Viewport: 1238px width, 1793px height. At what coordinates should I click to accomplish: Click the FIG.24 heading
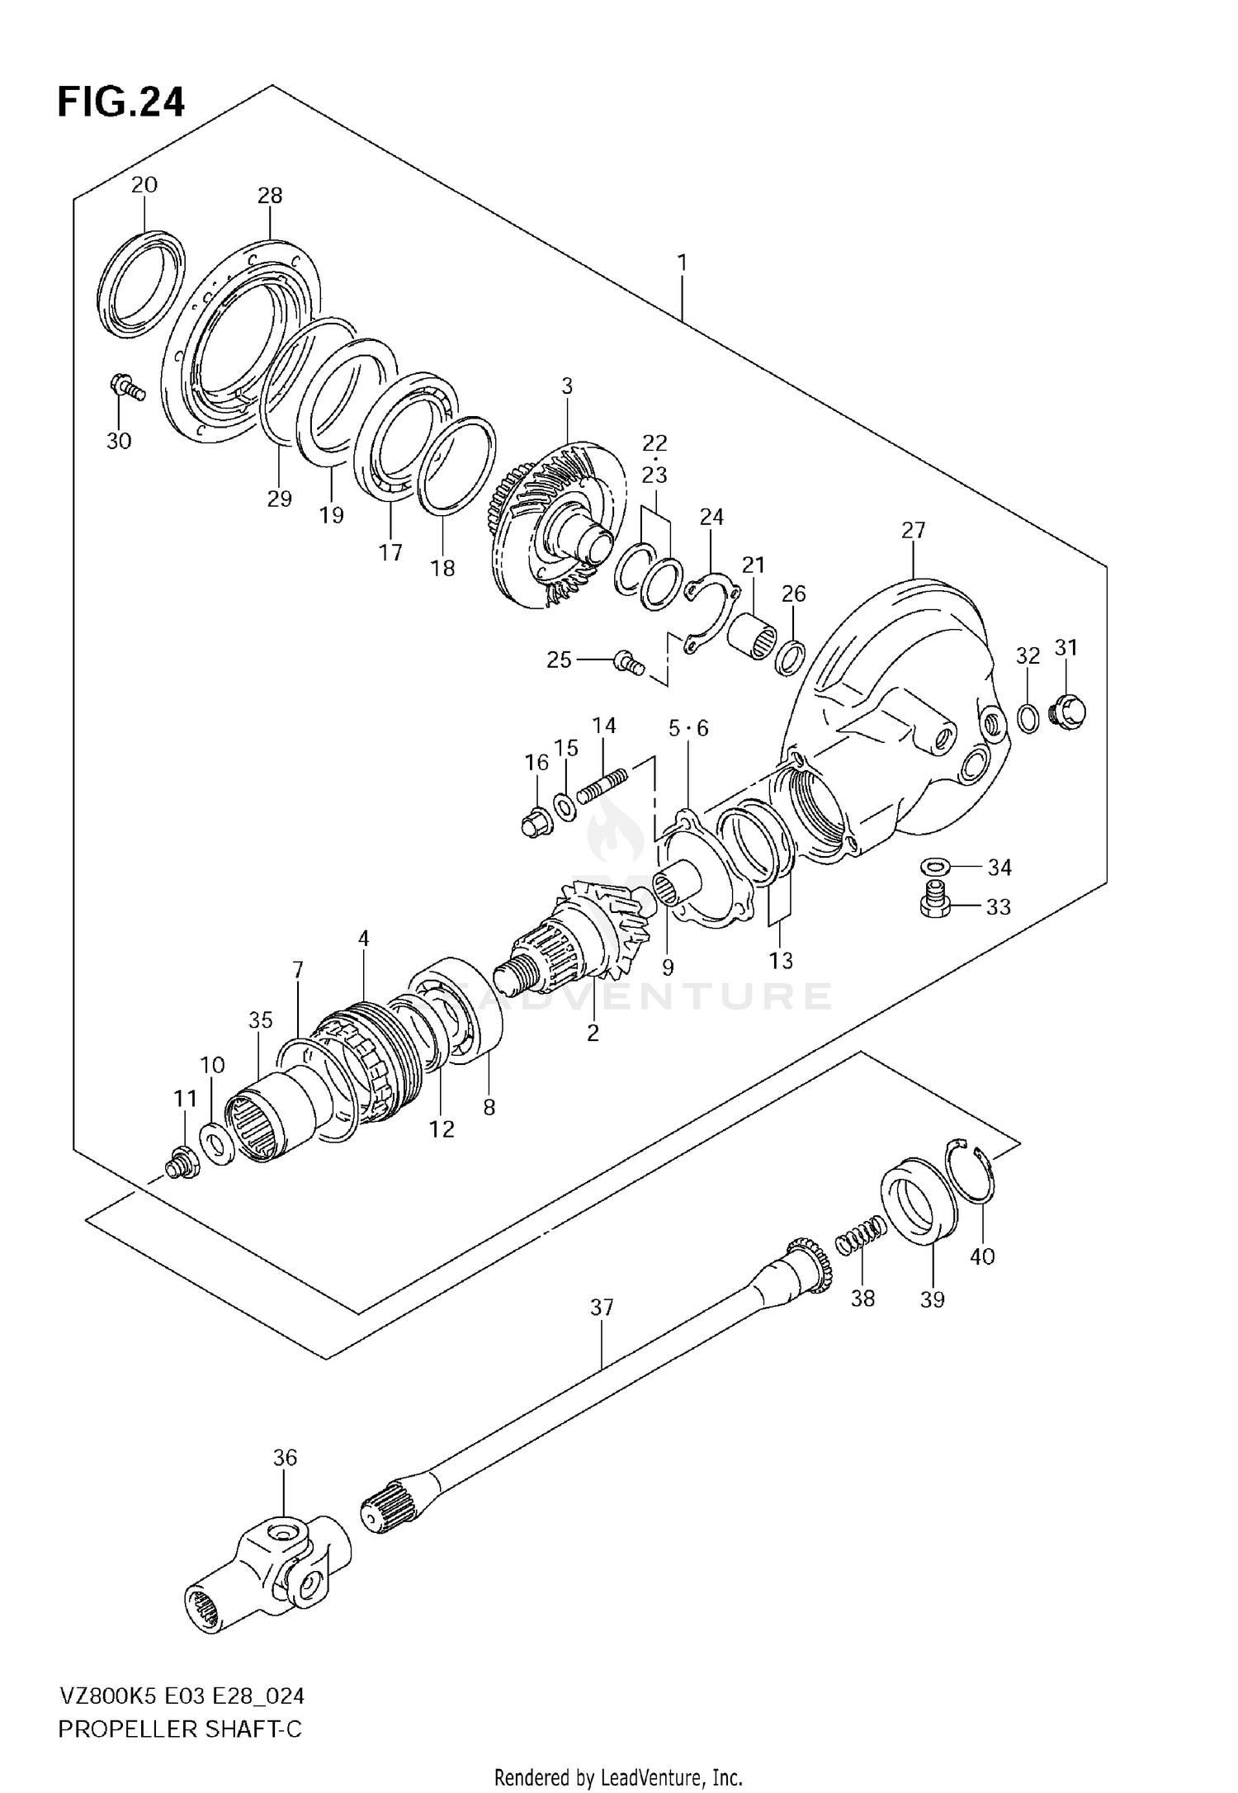120,102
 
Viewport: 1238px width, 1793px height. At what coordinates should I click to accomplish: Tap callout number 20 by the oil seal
144,185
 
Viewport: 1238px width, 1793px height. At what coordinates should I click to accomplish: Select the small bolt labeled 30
126,386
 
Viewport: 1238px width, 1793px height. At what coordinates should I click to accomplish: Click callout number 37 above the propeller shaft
602,1308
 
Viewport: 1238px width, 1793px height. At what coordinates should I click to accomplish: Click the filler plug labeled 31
1066,710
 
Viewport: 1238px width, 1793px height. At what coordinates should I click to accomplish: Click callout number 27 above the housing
913,530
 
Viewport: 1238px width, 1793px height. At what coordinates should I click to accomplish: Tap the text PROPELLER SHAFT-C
179,1729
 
